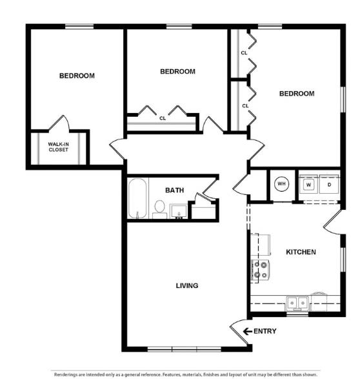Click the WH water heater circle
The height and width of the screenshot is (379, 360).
click(281, 184)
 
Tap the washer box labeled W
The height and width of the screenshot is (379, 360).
click(309, 184)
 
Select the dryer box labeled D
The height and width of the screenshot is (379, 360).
click(328, 184)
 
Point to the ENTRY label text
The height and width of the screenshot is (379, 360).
click(265, 331)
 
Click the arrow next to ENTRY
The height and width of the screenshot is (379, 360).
click(246, 331)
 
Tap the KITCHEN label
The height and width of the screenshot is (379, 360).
click(301, 252)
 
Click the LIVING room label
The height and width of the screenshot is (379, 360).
click(187, 285)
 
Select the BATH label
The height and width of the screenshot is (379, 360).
click(174, 190)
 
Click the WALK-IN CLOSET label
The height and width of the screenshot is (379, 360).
click(59, 147)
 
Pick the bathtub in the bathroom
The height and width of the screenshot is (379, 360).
click(137, 198)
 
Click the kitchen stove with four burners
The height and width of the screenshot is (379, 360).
click(260, 270)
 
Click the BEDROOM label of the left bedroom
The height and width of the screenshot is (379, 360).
click(77, 76)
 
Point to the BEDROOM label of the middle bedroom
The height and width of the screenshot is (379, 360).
click(177, 72)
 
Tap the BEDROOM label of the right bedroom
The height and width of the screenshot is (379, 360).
click(297, 94)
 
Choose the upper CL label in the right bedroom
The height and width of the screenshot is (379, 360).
click(245, 53)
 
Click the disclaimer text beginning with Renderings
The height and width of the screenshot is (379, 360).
click(186, 374)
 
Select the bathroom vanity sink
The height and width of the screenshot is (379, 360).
click(179, 211)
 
